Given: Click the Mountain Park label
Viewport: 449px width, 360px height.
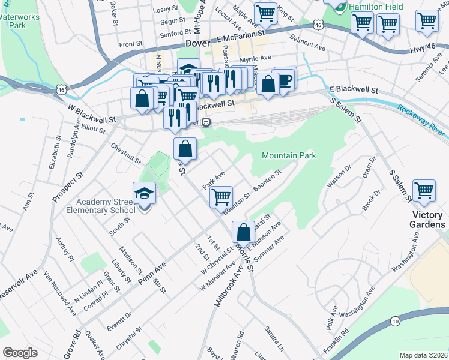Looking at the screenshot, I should [289, 156].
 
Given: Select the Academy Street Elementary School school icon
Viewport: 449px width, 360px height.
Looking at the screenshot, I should [144, 194].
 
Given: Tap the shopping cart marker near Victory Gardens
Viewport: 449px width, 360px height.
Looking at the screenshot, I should [424, 191].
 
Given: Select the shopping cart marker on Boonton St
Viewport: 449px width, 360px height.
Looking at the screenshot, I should [221, 196].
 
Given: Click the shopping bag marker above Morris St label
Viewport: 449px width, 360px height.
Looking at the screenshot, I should [243, 232].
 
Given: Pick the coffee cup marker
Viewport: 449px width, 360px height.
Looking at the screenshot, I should [285, 79].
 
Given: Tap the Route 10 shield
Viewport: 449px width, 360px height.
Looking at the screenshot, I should [394, 321].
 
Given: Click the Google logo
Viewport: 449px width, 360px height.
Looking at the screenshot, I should [20, 353].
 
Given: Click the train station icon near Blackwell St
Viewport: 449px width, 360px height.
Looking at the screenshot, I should [206, 122].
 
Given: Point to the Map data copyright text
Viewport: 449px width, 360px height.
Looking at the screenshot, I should [423, 355].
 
